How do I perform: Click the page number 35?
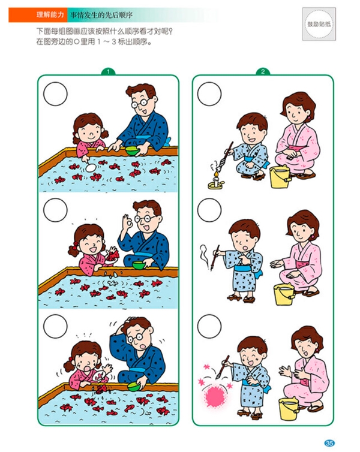tap(329, 443)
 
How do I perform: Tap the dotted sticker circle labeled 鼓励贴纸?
tap(319, 24)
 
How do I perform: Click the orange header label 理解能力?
tap(50, 15)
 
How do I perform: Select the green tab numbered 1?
tap(108, 71)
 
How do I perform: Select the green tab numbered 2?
tap(263, 71)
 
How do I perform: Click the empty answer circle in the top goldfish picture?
tap(55, 94)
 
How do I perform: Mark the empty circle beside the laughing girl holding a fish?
tap(55, 210)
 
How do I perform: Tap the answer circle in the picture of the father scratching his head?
tap(55, 326)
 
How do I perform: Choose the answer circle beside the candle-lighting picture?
tap(209, 94)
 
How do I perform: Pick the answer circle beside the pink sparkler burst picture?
tap(209, 326)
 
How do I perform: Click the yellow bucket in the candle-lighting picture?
tap(280, 177)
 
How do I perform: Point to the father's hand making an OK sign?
tap(127, 222)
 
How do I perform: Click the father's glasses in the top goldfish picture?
tap(140, 103)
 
